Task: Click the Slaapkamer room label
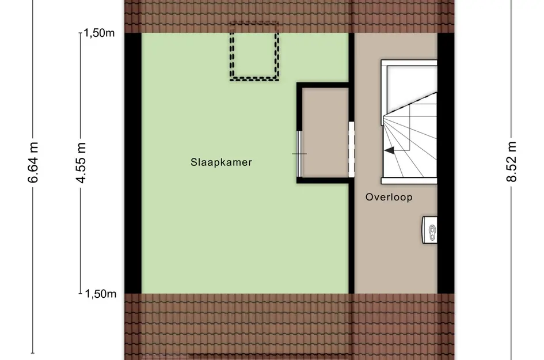click(x=221, y=162)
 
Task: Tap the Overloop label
click(x=389, y=197)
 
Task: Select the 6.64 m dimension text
click(x=33, y=162)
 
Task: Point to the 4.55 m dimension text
click(x=81, y=162)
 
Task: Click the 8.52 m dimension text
click(x=511, y=162)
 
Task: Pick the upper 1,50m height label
click(x=99, y=33)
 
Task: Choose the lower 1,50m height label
click(x=101, y=294)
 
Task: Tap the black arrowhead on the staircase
click(x=389, y=150)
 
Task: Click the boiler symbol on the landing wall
click(x=429, y=230)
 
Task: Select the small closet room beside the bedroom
click(x=325, y=132)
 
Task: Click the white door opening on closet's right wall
click(x=351, y=149)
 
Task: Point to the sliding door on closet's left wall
click(x=299, y=154)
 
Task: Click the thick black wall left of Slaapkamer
click(x=133, y=163)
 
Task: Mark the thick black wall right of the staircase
click(x=446, y=163)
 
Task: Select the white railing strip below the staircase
click(x=409, y=180)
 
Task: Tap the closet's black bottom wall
click(x=322, y=180)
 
